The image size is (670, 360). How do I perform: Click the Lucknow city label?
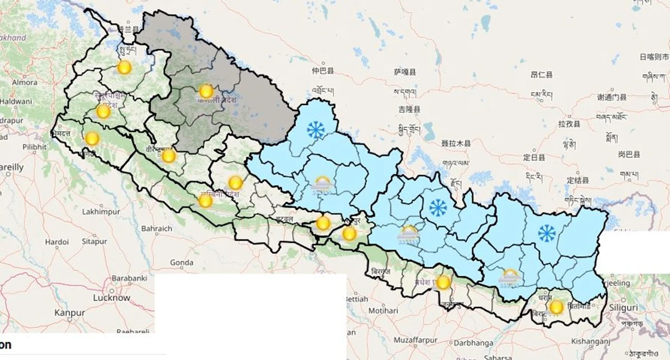tap(112, 298)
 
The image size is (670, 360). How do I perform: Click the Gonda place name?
tap(181, 262)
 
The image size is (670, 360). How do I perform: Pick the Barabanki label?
tap(129, 278)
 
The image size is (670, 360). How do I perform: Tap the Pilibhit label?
tap(35, 147)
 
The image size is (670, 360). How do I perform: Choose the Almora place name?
tap(25, 83)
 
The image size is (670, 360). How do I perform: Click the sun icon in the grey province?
tap(206, 92)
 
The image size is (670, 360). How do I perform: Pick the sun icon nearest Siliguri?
tap(556, 307)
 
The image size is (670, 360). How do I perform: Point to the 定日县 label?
tap(534, 158)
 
